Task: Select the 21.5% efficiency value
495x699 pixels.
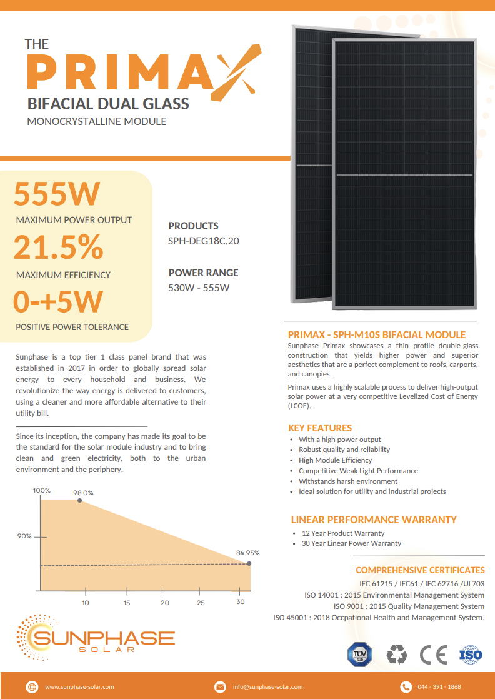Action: (58, 247)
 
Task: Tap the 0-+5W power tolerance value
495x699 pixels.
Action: (58, 301)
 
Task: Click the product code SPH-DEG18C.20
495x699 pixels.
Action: (204, 241)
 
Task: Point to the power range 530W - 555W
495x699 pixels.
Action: (199, 288)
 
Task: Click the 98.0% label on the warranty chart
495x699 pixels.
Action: (83, 493)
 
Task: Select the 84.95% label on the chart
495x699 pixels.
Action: (247, 553)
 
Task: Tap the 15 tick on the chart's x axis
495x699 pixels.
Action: (127, 603)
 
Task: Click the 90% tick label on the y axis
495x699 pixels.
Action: (24, 536)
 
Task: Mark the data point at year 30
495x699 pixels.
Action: (249, 564)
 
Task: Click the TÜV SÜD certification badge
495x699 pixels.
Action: (359, 655)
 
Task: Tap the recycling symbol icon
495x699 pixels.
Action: (396, 655)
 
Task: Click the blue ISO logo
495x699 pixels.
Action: (470, 655)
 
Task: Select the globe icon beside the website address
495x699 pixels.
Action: (32, 686)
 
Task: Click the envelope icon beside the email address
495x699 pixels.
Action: (220, 686)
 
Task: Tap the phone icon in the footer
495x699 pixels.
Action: (406, 686)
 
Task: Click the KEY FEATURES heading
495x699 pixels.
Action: (320, 428)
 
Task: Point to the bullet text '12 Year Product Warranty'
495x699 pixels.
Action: (343, 533)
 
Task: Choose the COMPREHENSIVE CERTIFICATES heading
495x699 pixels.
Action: (420, 570)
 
